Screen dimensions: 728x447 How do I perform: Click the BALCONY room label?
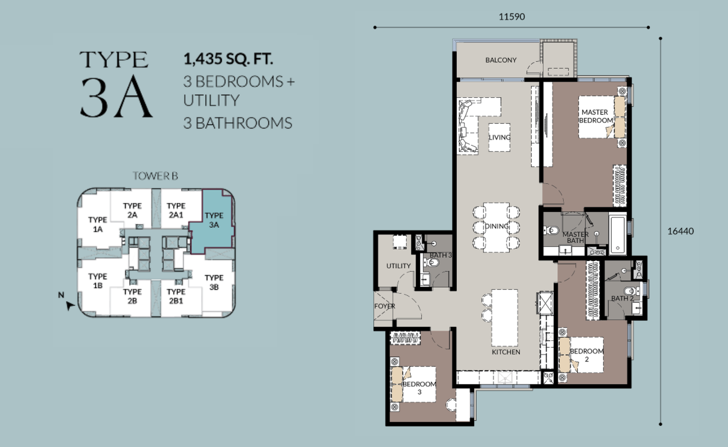click(500, 60)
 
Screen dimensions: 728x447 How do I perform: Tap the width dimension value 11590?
click(511, 17)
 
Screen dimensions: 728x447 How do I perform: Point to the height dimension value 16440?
click(681, 231)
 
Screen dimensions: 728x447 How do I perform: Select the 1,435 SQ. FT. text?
click(228, 59)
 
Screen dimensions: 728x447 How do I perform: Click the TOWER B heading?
click(155, 176)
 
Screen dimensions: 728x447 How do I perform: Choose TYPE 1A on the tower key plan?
click(97, 225)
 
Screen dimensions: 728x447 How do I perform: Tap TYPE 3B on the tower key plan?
click(214, 282)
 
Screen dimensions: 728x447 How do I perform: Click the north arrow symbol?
click(70, 306)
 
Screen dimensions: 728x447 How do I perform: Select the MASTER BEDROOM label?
click(596, 116)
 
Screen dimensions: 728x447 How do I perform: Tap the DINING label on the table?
click(496, 226)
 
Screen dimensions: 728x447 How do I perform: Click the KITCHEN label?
click(506, 352)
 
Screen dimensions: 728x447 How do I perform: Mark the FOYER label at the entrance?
click(384, 306)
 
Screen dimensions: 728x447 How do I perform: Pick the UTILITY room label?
click(399, 266)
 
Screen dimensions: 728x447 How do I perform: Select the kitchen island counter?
click(505, 318)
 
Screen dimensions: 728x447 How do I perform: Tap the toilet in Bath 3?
click(432, 262)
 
